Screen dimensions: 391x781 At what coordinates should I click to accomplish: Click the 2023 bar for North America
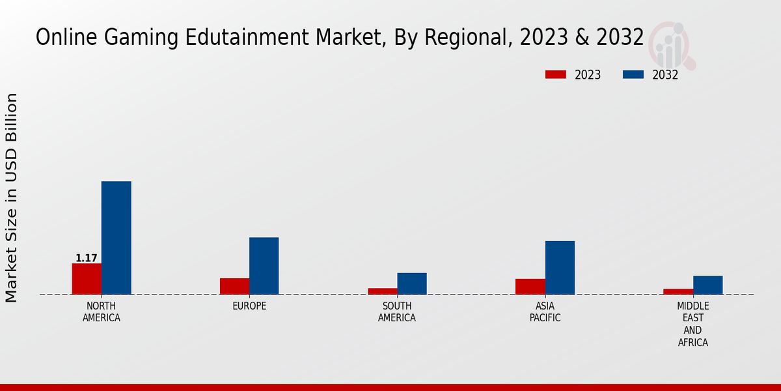(87, 279)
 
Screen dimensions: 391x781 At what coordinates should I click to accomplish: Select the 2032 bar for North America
(116, 238)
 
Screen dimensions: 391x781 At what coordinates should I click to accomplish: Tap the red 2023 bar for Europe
(234, 286)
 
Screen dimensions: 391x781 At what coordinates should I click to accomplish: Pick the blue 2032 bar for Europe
(264, 266)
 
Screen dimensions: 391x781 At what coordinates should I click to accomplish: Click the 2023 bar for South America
(382, 291)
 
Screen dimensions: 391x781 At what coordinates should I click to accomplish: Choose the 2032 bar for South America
(412, 283)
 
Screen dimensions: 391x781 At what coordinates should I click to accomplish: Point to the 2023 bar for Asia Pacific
(530, 287)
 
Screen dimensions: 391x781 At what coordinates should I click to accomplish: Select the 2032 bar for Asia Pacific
(560, 268)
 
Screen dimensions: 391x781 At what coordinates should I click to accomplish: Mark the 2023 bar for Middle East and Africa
(678, 291)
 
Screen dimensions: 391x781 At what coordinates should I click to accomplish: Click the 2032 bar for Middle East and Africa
(707, 285)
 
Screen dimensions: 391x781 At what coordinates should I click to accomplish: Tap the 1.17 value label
(87, 258)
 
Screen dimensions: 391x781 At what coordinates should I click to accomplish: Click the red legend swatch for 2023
(555, 75)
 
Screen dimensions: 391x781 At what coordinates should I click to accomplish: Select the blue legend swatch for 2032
(633, 75)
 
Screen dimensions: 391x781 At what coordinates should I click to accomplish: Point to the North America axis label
(102, 312)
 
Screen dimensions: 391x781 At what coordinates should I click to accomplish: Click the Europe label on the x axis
(249, 306)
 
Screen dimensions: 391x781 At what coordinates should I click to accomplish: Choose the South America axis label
(397, 312)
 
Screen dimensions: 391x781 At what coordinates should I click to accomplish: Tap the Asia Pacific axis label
(545, 312)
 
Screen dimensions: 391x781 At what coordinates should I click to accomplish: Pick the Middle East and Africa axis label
(692, 324)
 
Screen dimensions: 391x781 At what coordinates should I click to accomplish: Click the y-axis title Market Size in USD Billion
(12, 197)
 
